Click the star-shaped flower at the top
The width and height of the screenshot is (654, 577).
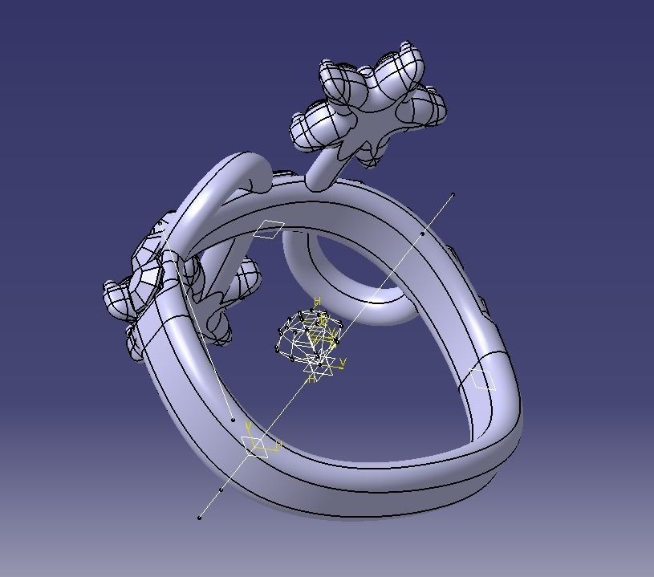pos(371,104)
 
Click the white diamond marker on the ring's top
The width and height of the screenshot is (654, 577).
pos(270,229)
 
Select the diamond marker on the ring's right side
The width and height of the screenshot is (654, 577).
pos(483,379)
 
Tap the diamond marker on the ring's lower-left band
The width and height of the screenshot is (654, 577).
pos(255,445)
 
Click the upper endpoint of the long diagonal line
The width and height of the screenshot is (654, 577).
pos(453,194)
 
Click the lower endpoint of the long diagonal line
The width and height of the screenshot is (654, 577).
pos(199,518)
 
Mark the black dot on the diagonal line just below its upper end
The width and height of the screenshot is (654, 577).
pos(423,234)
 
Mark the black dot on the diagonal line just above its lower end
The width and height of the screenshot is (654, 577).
pos(221,489)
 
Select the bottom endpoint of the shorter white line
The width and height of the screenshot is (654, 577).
pos(233,420)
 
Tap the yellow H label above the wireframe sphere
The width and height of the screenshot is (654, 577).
pos(318,302)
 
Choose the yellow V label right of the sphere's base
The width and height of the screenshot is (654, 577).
pos(343,363)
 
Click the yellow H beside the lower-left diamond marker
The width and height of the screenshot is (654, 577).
pos(278,445)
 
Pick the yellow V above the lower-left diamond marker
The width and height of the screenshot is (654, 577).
pos(249,426)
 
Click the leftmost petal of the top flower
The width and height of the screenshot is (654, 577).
pos(309,128)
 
